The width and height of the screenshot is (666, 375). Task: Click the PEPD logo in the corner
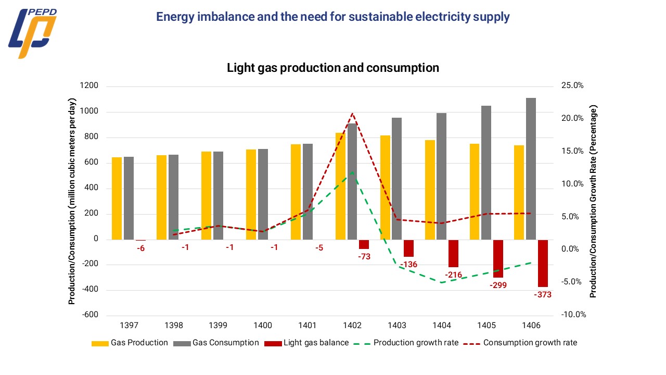(x=32, y=32)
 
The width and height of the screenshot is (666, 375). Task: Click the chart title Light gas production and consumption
(x=333, y=68)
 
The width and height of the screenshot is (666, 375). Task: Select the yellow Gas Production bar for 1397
(x=117, y=198)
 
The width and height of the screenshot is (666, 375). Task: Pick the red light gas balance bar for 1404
(x=453, y=254)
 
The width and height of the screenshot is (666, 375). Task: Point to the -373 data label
(x=542, y=295)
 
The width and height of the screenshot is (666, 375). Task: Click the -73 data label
(x=364, y=256)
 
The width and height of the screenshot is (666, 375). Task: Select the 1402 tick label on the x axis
(x=352, y=326)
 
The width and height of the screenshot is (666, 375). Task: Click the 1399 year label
(x=218, y=326)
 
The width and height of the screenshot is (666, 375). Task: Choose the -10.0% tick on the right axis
(x=572, y=315)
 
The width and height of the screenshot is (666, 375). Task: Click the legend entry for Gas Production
(x=130, y=343)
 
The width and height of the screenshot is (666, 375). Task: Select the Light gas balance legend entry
(x=306, y=343)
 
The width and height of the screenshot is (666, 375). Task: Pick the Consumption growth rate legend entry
(x=521, y=343)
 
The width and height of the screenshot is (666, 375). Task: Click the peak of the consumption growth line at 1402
(x=352, y=113)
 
